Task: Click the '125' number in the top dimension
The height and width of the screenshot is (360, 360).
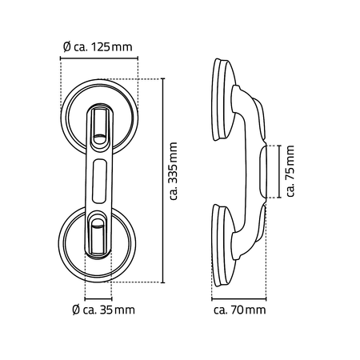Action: tap(101, 47)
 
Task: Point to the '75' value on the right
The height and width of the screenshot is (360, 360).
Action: tap(290, 174)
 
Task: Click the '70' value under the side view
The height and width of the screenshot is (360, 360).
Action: tap(238, 310)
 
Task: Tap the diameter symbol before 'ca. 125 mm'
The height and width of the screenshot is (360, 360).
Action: tap(67, 47)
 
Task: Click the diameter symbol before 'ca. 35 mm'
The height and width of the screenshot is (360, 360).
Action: tap(76, 310)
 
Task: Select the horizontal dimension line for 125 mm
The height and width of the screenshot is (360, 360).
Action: tap(99, 58)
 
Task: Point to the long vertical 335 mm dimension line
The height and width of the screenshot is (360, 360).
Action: tap(163, 180)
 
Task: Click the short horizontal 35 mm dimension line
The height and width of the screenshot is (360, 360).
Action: tap(98, 299)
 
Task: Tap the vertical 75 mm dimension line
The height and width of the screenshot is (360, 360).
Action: tap(279, 171)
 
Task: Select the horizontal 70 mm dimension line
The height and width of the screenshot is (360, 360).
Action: tap(239, 299)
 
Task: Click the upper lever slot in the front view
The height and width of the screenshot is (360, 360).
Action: tap(100, 125)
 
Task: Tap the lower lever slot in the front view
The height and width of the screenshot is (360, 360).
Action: tap(98, 234)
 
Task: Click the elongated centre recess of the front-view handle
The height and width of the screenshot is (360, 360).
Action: tap(99, 181)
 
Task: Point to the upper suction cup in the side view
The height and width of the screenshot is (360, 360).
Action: tap(223, 99)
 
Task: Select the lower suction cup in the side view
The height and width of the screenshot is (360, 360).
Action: tap(223, 246)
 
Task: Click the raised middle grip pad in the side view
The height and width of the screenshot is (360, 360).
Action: tap(263, 172)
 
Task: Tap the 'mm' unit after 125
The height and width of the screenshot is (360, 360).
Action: tap(122, 48)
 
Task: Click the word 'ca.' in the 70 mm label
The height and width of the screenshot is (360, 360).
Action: tap(221, 310)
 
